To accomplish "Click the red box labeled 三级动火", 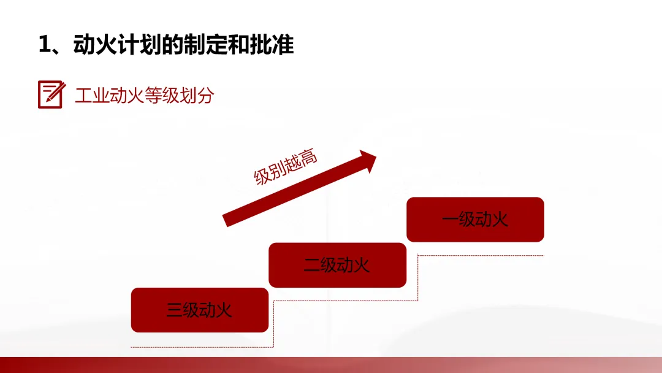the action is (x=200, y=310).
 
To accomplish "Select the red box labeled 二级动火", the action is (x=337, y=265).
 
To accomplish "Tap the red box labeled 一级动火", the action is (x=475, y=219).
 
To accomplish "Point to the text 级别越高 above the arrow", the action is (x=286, y=167).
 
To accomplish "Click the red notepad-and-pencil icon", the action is (x=51, y=94).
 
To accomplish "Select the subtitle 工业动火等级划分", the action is (x=144, y=96).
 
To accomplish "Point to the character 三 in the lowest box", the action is (x=174, y=310).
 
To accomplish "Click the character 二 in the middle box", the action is (x=311, y=266).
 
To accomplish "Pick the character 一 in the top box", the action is (x=449, y=220).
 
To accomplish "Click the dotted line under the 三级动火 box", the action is (x=200, y=347).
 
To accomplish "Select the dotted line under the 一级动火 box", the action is (x=481, y=256).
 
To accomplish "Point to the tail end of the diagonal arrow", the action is (x=227, y=220).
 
